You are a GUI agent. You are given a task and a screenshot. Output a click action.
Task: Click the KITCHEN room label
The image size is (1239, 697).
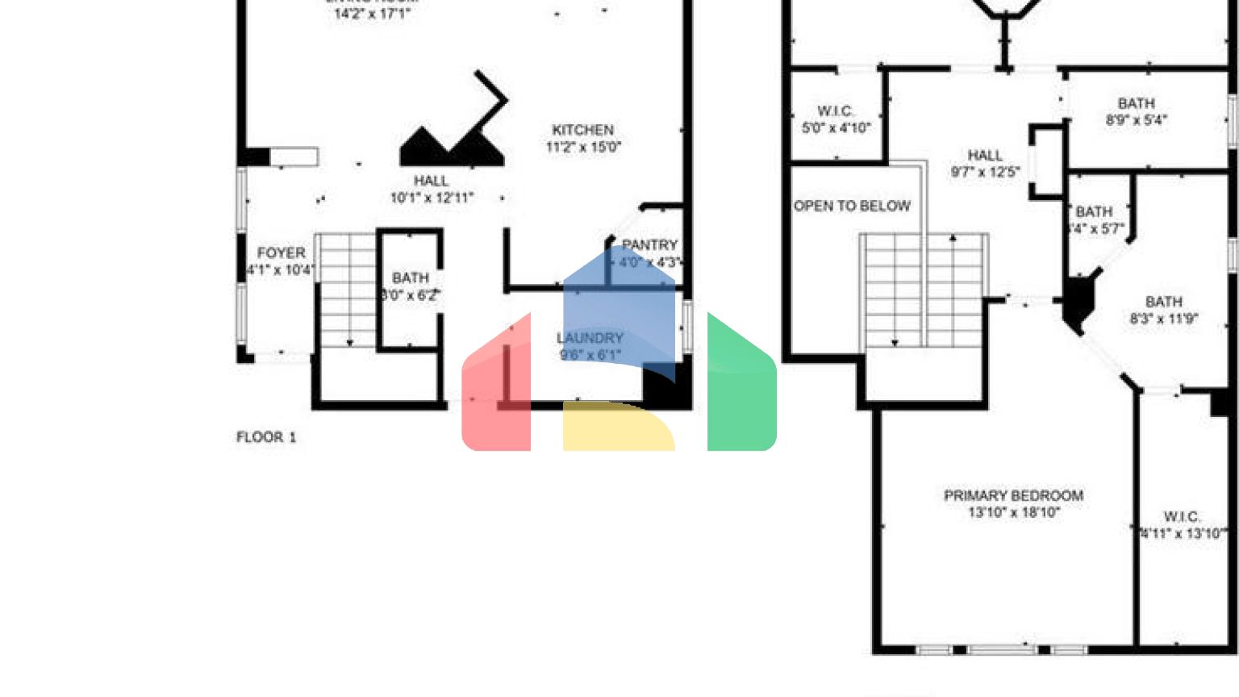(582, 130)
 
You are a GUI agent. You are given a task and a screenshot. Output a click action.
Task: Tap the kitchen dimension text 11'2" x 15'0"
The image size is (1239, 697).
(583, 147)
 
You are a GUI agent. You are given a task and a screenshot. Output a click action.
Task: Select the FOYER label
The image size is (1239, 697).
(281, 253)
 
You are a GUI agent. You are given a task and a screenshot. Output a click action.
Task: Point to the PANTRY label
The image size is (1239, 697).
(649, 244)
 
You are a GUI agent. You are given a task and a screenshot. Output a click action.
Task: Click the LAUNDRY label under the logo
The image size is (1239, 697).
(590, 338)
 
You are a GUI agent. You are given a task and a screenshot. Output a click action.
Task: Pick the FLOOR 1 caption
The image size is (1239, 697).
(266, 437)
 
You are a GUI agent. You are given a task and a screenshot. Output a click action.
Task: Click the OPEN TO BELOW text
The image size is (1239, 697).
(852, 207)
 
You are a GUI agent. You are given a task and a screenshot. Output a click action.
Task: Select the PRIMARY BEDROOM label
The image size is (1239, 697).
(1013, 495)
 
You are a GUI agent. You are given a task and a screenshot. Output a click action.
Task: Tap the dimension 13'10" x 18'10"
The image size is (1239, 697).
(1014, 512)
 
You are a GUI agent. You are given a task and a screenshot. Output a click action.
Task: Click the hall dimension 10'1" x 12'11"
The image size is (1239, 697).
(432, 198)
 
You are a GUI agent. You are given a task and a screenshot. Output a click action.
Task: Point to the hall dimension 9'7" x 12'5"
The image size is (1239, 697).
(985, 172)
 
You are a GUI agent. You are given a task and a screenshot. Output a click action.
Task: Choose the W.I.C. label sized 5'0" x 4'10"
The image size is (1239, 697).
(835, 111)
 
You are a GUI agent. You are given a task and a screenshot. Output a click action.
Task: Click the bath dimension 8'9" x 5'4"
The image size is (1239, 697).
(1136, 120)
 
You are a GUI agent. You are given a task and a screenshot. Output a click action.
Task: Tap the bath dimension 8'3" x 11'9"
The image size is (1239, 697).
(1163, 319)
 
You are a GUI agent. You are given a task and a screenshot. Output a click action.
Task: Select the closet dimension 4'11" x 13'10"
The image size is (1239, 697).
(1182, 533)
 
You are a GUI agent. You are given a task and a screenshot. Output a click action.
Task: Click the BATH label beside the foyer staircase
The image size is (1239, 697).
(410, 278)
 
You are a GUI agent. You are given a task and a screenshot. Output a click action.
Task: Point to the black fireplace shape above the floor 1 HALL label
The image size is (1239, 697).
(452, 148)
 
